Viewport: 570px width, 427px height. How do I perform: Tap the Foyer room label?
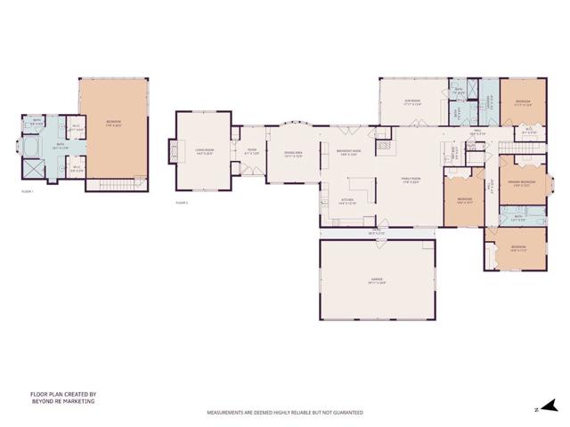252,150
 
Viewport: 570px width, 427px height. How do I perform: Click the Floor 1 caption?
28,191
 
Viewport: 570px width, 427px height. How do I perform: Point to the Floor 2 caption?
183,203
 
